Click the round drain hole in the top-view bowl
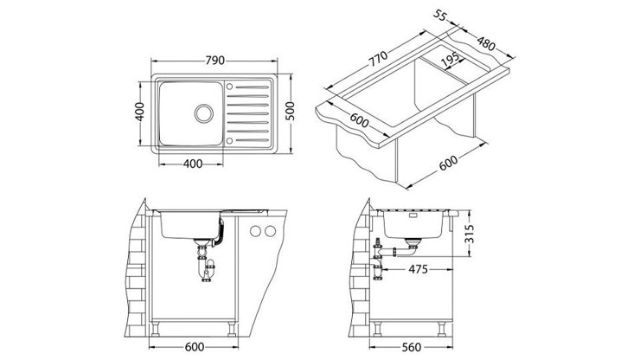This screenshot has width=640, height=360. [x=204, y=113]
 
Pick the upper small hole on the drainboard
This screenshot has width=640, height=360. [x=230, y=85]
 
